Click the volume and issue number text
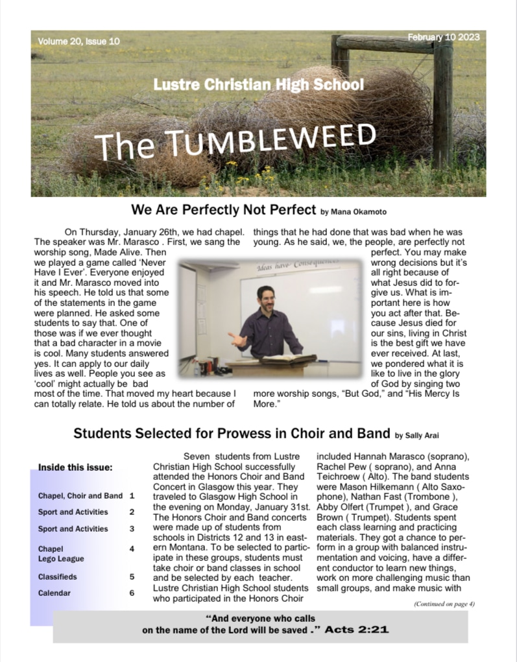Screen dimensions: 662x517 pos(78,41)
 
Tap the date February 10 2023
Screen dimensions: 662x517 pos(444,38)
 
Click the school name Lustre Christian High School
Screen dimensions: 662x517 pos(258,84)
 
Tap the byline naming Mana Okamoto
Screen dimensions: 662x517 pos(354,211)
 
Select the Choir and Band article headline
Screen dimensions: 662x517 pos(232,433)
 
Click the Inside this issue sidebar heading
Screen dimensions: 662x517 pos(76,467)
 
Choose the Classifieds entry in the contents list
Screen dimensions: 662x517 pos(57,576)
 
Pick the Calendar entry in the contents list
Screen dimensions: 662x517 pos(54,593)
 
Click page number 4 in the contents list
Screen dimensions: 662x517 pos(132,549)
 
